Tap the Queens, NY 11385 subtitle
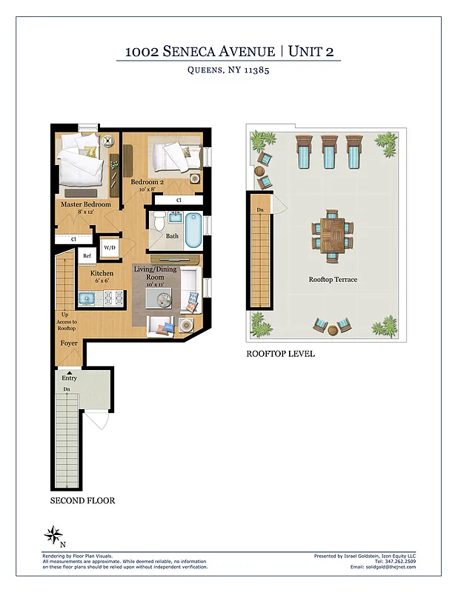point(229,72)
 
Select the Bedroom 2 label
point(147,182)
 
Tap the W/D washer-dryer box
point(110,248)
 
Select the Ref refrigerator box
point(87,256)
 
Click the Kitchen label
point(102,274)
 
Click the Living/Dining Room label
point(155,274)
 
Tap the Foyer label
point(69,343)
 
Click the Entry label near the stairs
point(69,378)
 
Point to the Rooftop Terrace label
point(333,280)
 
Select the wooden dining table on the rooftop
point(332,235)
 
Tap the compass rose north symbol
point(53,534)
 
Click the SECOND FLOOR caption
point(82,501)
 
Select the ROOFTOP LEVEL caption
point(280,354)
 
